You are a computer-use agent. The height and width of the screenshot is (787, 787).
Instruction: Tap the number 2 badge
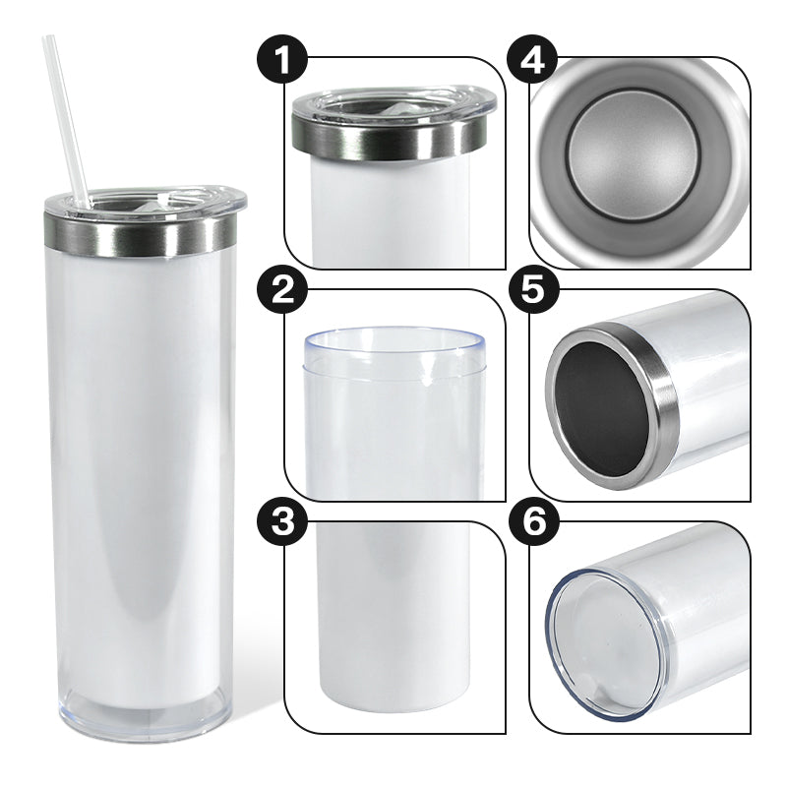(x=282, y=292)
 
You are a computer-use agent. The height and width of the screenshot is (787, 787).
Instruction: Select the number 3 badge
(x=282, y=522)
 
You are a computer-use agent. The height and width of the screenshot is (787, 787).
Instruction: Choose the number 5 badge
(x=533, y=292)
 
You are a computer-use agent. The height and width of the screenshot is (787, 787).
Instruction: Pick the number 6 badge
(x=533, y=522)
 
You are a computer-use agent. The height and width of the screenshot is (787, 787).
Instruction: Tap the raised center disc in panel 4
(x=634, y=156)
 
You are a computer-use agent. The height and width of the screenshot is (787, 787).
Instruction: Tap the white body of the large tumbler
(x=143, y=477)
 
